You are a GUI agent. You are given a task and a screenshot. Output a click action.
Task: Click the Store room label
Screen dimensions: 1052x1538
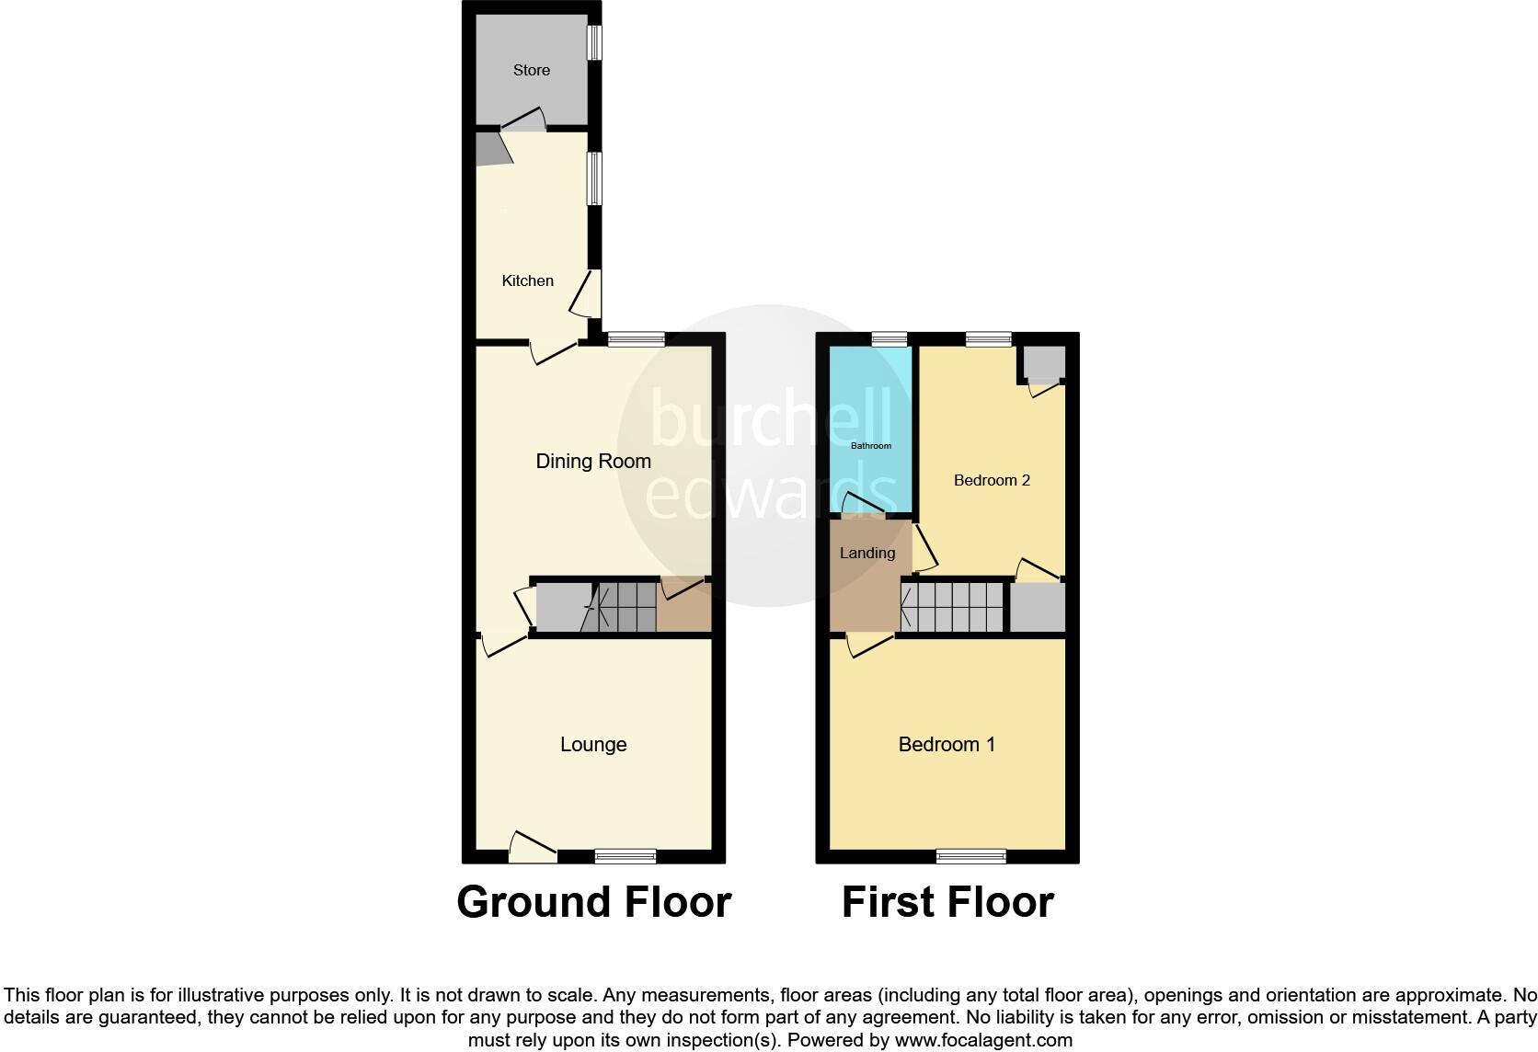point(532,70)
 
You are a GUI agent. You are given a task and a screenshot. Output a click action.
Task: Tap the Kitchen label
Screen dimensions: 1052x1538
point(527,280)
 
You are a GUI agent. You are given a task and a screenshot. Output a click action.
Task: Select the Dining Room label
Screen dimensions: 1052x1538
point(593,461)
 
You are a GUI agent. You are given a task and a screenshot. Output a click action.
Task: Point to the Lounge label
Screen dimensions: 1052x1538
point(593,744)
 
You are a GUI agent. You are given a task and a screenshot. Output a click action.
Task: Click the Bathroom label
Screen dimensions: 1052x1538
point(870,446)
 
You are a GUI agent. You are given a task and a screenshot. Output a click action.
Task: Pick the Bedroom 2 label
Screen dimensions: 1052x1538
point(992,480)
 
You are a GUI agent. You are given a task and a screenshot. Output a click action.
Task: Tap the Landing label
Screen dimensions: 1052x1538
point(867,553)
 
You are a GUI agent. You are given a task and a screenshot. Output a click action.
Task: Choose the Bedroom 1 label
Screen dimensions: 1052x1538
point(947,744)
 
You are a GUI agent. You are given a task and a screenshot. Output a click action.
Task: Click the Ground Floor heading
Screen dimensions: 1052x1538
point(593,902)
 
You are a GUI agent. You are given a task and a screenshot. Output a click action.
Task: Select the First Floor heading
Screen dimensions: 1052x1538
point(947,902)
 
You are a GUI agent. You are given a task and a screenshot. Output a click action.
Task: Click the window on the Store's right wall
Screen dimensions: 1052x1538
point(594,42)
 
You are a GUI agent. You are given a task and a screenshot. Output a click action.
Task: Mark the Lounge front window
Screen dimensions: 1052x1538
point(626,856)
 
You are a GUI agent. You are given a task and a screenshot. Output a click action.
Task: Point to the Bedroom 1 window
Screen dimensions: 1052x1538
point(970,856)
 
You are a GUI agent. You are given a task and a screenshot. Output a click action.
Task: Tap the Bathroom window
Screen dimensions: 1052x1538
point(889,339)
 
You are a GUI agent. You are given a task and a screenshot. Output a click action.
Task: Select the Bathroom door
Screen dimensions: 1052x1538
point(866,505)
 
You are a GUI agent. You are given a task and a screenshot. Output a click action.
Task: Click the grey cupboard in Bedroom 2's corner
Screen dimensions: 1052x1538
point(1043,364)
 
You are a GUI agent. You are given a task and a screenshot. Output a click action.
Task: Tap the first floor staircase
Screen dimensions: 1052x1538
point(952,606)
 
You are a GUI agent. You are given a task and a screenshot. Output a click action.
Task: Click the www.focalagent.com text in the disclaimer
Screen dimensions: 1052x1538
point(983,1041)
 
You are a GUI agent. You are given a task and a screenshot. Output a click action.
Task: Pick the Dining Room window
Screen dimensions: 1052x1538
point(636,339)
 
